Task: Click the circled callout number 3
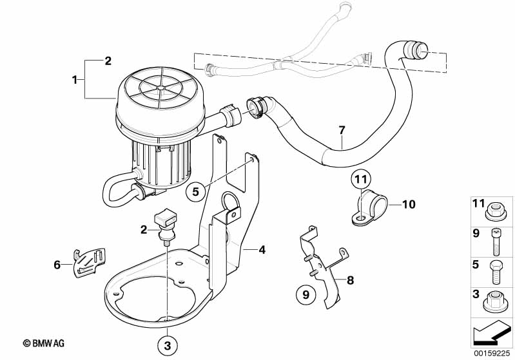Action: [167, 346]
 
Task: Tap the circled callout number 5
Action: [196, 192]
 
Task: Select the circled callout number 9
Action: [306, 294]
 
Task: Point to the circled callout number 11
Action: [361, 180]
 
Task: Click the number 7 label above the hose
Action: [342, 130]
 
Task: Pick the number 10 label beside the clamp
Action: [409, 204]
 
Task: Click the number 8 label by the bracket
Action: [351, 280]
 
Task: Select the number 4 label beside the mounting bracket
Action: [262, 250]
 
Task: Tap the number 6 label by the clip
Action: [57, 264]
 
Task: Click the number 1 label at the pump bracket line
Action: [75, 79]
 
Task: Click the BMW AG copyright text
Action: [44, 343]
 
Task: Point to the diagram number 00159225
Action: [492, 354]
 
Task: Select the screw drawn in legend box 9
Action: [496, 242]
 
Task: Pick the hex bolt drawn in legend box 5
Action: [495, 272]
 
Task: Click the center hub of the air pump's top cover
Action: [160, 88]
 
